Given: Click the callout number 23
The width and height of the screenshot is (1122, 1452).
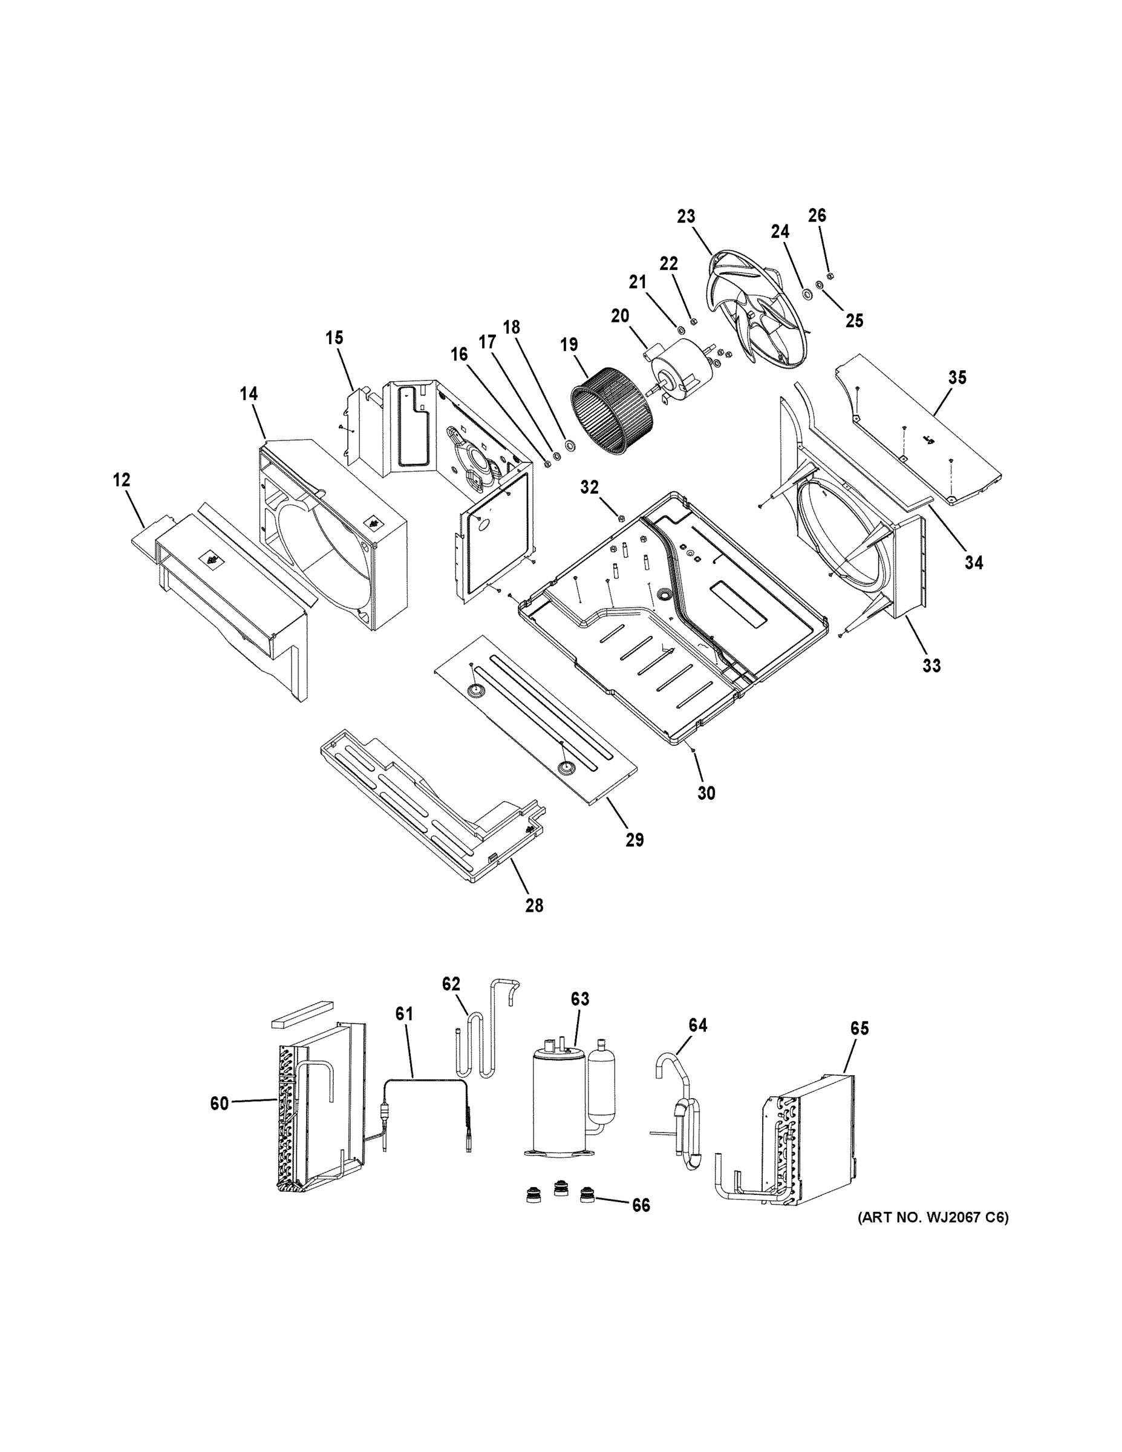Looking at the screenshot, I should pyautogui.click(x=686, y=216).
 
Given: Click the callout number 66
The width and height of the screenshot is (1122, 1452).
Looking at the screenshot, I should pyautogui.click(x=641, y=1205).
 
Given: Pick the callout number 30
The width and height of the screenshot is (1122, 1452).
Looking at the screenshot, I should pyautogui.click(x=706, y=793).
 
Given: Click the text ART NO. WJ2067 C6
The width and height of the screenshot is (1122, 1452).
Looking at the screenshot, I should pyautogui.click(x=933, y=1217).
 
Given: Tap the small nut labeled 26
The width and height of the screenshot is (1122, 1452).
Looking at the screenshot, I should pyautogui.click(x=829, y=276).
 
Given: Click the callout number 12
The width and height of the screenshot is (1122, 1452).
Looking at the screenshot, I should pyautogui.click(x=121, y=479).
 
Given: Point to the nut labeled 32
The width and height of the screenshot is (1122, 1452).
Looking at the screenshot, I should pyautogui.click(x=620, y=518).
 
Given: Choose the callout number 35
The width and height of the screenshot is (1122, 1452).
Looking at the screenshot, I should pyautogui.click(x=956, y=378).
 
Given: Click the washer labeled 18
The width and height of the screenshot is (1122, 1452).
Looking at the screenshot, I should pyautogui.click(x=570, y=444).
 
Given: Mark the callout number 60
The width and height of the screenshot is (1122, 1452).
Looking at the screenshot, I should pyautogui.click(x=220, y=1104).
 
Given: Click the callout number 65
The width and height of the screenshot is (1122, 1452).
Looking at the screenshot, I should pyautogui.click(x=859, y=1028).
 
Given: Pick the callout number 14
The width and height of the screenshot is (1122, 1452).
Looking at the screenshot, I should pyautogui.click(x=249, y=394).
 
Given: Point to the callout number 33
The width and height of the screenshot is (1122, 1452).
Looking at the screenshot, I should pyautogui.click(x=931, y=665).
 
